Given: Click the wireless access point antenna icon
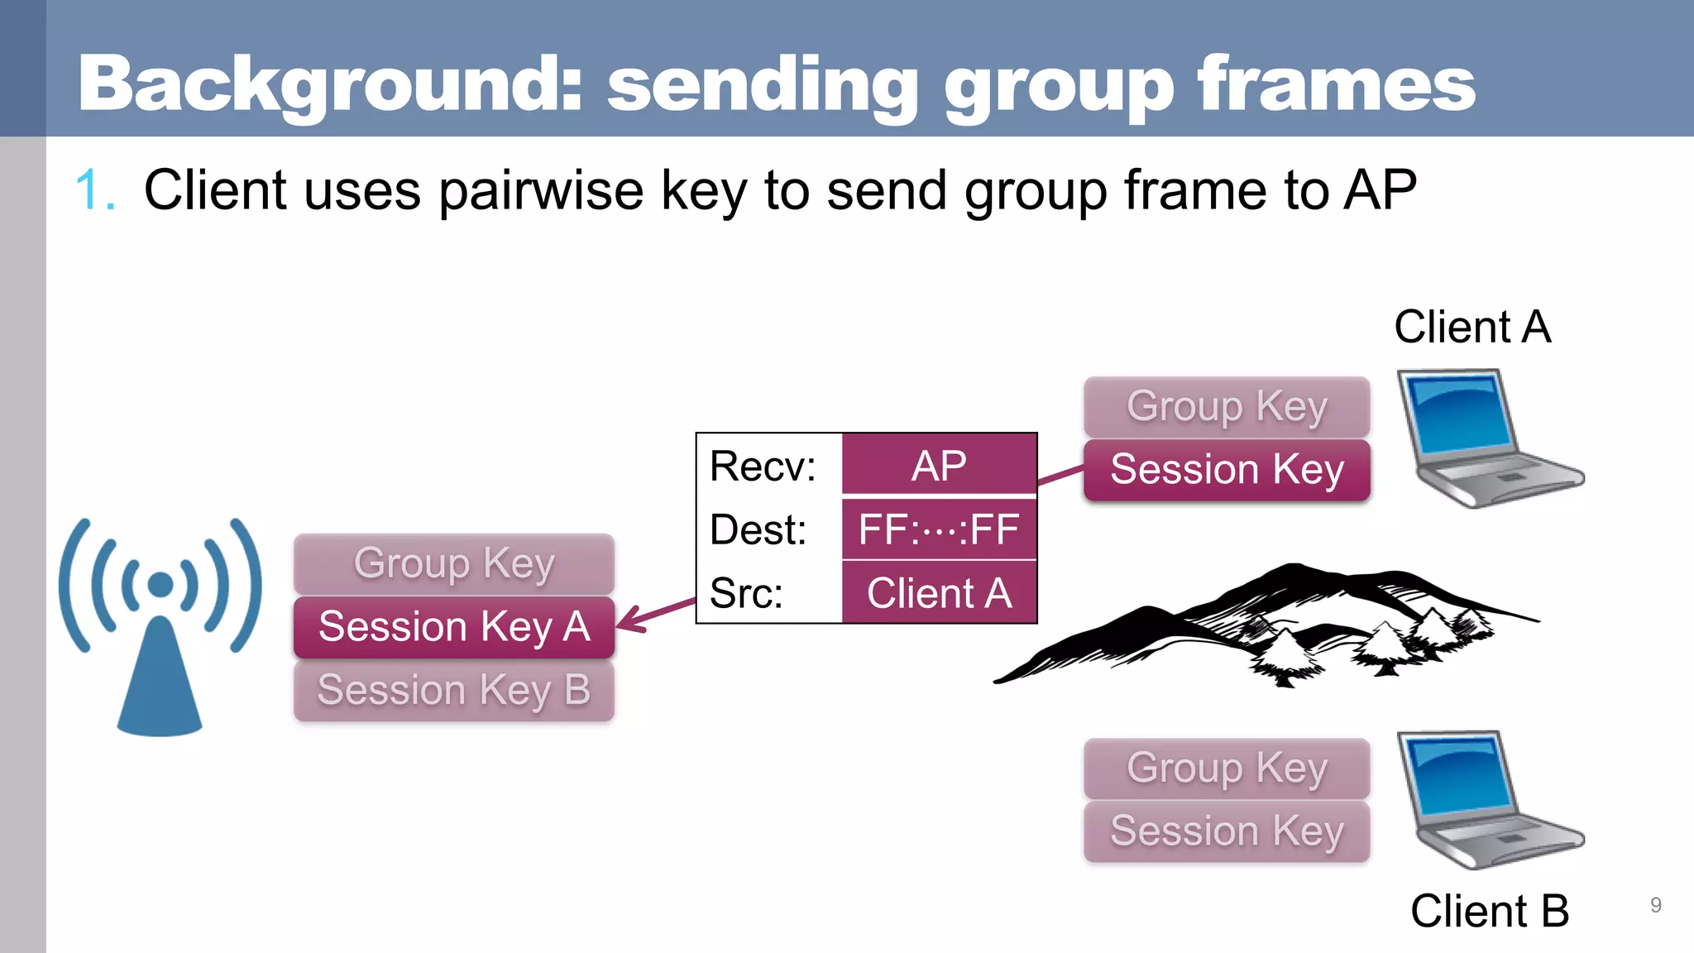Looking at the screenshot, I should tap(160, 629).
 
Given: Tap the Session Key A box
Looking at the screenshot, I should tap(453, 627).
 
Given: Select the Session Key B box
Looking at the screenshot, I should tap(453, 691).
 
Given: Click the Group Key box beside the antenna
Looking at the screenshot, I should tap(453, 564).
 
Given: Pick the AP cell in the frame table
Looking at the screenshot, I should tap(939, 466).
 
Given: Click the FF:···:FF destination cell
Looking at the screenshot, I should tap(939, 529).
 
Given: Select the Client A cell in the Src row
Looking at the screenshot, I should tap(939, 593).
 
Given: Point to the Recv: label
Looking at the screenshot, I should tap(763, 467).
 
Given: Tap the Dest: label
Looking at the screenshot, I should tap(758, 530).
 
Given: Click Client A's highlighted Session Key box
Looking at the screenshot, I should tap(1227, 470).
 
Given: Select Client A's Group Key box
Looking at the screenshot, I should tap(1227, 407).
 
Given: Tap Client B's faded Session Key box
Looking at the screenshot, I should tap(1227, 831).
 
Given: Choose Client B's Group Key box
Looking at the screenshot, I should tap(1227, 769).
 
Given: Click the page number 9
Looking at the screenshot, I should tap(1655, 905).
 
